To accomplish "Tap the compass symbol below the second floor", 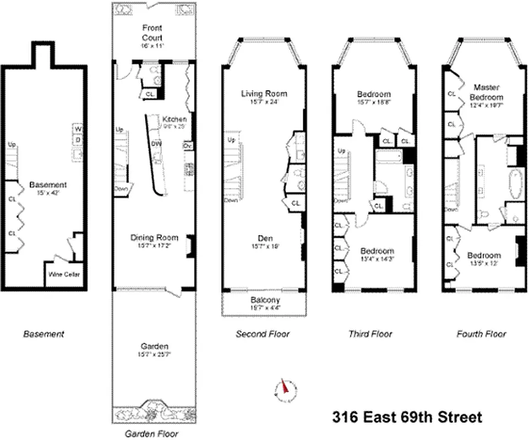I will point(285,388).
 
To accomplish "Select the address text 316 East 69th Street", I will point(407,417).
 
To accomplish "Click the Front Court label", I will point(152,32).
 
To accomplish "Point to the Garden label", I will point(154,346).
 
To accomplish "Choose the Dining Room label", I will point(154,238).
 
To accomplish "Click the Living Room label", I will point(264,94).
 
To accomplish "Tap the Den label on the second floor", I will point(264,238).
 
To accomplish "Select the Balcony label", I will point(265,300).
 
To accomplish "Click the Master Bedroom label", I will point(487,91).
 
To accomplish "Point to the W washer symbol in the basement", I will point(78,129).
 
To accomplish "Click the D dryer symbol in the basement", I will point(78,140).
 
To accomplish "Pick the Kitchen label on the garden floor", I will point(174,119).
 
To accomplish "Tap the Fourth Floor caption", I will point(481,334).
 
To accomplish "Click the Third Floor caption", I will point(370,334).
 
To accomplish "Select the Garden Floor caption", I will point(150,433).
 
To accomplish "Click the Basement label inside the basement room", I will point(48,185).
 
